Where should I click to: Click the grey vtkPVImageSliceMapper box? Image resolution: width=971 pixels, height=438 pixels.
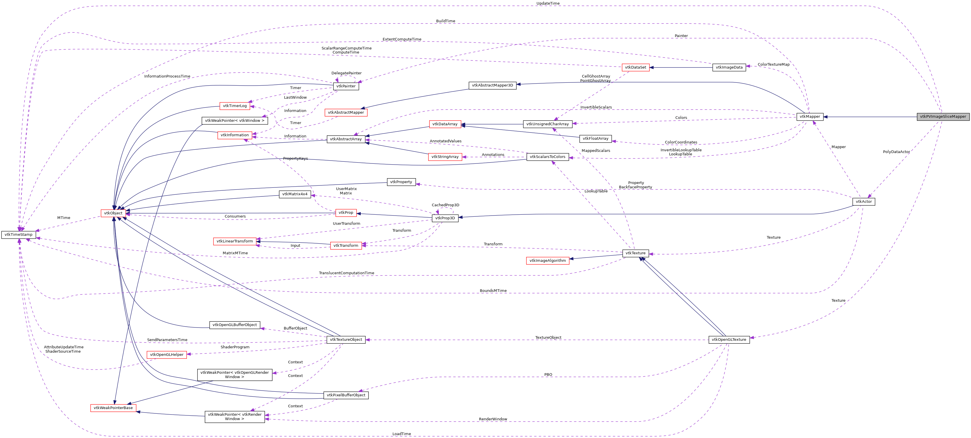pos(943,117)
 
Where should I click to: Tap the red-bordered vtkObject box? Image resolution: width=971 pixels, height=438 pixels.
pos(113,213)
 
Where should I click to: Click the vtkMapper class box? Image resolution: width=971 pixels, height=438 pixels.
pos(810,117)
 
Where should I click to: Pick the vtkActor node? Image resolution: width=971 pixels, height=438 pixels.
pos(864,202)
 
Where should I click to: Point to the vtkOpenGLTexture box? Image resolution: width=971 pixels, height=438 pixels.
pos(729,340)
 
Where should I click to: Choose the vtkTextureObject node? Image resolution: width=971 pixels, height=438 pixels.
pos(346,340)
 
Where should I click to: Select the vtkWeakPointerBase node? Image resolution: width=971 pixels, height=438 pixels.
pos(113,408)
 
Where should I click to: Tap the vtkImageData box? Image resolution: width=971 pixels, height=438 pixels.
pos(729,67)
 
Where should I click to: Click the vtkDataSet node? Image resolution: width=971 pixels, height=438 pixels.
pos(635,67)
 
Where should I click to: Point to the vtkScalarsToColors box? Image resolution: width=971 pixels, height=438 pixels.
pos(547,157)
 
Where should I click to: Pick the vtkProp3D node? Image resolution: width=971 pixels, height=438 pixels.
pos(445,218)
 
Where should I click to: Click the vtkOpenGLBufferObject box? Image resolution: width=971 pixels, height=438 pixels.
pos(235,325)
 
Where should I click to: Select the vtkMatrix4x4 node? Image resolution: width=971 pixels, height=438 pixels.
pos(295,194)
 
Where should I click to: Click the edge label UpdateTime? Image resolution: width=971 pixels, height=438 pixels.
pos(548,3)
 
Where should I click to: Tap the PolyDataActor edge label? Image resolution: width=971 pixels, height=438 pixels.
pos(896,152)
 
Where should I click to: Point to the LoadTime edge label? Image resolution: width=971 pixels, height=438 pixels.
pos(401,434)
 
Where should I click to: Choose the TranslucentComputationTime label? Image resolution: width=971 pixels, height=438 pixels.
pos(346,273)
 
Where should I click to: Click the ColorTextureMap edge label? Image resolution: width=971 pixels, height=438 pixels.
pos(773,65)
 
